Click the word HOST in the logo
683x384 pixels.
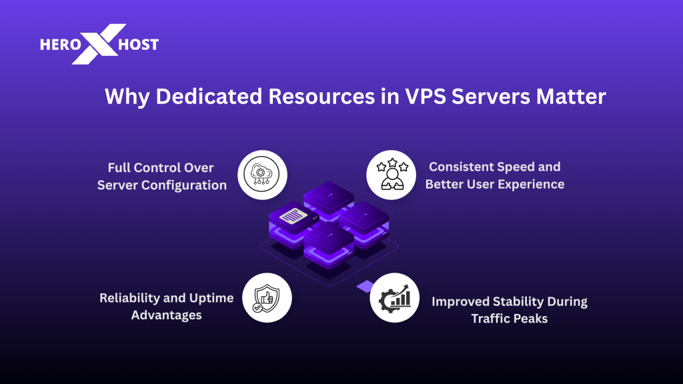139,45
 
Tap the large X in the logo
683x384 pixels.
99,44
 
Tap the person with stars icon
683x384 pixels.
391,175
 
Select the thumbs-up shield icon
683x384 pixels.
267,298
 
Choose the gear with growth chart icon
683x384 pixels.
394,297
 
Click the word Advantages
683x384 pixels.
166,315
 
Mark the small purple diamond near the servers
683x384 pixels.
364,286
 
